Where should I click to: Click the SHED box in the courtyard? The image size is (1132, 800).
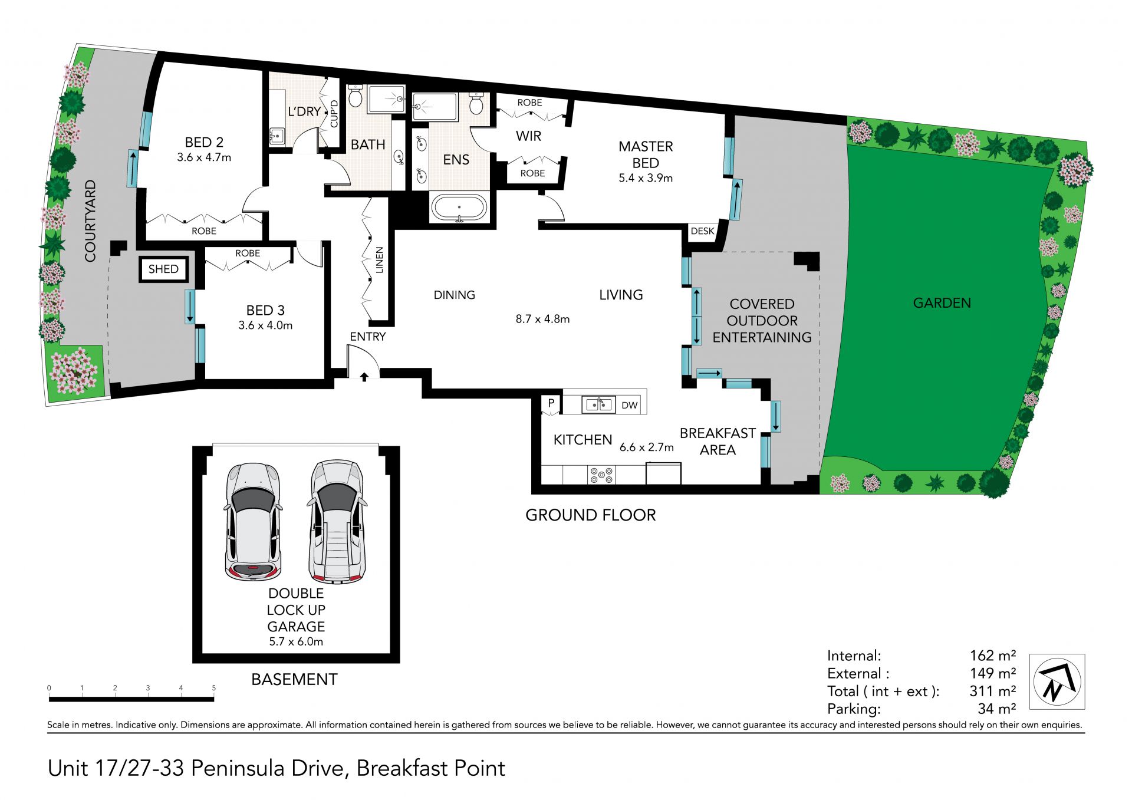163,269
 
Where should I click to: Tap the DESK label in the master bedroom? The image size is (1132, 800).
702,231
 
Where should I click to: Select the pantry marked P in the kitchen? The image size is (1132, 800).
551,404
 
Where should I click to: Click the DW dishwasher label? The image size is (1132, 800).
630,405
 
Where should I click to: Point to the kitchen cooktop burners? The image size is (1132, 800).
601,475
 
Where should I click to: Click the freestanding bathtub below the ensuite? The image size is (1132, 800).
459,208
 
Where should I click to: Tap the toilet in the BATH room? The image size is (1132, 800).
355,96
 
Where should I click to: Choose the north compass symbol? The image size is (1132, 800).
1057,682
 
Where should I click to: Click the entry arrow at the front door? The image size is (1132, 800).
364,376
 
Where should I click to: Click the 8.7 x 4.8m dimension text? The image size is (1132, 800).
542,319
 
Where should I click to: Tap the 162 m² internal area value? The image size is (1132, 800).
993,656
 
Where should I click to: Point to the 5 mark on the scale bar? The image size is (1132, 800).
214,688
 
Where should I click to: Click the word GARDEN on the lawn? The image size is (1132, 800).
942,303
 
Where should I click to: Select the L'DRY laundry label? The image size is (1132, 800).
304,111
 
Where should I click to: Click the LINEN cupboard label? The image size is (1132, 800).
380,261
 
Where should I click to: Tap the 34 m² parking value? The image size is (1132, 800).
996,709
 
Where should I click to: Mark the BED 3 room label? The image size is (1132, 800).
265,310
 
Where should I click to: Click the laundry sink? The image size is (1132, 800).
277,136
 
